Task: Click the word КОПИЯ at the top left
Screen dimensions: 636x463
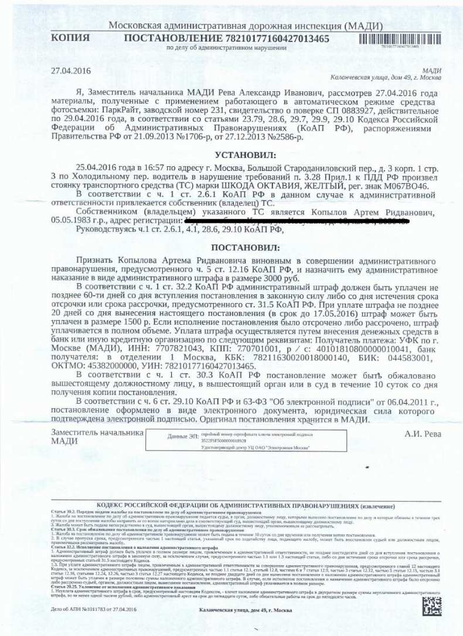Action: (x=70, y=39)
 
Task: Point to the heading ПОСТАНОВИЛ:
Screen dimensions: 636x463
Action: (x=237, y=247)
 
